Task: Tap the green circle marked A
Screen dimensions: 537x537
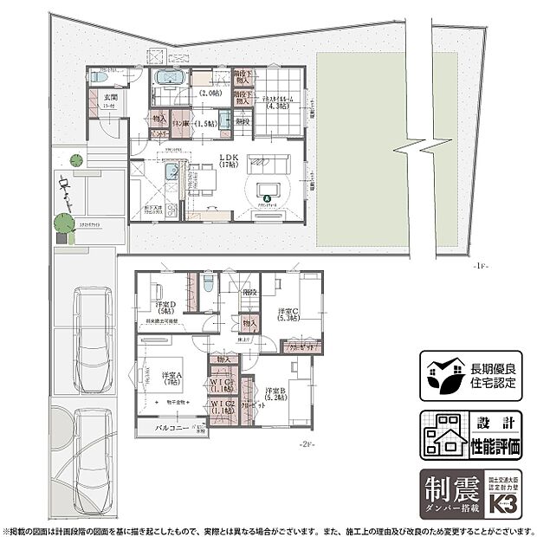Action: [267, 199]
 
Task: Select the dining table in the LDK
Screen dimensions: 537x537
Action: [204, 178]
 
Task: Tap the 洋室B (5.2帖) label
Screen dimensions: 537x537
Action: [277, 393]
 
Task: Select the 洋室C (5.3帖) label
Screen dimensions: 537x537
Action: [289, 314]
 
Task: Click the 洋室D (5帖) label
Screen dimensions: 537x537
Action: [165, 308]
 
